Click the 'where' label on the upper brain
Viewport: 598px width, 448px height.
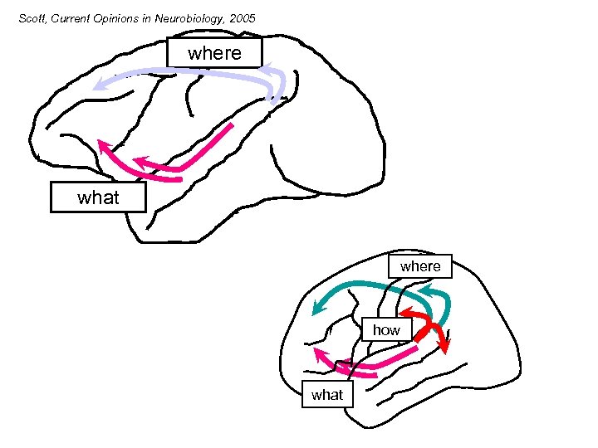click(x=214, y=53)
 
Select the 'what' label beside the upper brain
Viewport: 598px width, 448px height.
click(x=98, y=197)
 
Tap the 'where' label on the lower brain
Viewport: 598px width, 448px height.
click(x=420, y=266)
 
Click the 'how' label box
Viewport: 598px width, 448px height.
click(x=386, y=330)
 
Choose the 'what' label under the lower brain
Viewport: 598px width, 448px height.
click(x=326, y=395)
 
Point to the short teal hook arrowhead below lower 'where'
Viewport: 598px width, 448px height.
click(x=421, y=292)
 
